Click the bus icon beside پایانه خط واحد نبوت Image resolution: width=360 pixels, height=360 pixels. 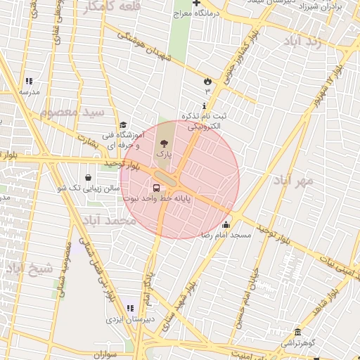coord(156,188)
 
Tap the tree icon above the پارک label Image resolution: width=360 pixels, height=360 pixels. coord(164,143)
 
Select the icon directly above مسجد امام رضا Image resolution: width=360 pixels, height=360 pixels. coord(226,224)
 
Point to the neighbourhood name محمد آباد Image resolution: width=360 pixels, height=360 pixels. coord(108,221)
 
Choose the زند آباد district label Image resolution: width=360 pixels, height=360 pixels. coord(311,41)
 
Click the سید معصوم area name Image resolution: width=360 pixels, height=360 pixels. coord(72,112)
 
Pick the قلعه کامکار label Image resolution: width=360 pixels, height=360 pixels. coord(112,7)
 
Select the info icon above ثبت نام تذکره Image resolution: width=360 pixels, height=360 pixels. coord(204,106)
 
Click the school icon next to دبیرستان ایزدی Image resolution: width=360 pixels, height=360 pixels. coord(129,308)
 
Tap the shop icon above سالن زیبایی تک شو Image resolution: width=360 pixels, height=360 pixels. coord(88,178)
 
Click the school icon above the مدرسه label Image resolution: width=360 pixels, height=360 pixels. coord(29,82)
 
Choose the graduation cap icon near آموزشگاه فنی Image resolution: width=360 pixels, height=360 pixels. coord(123,124)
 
